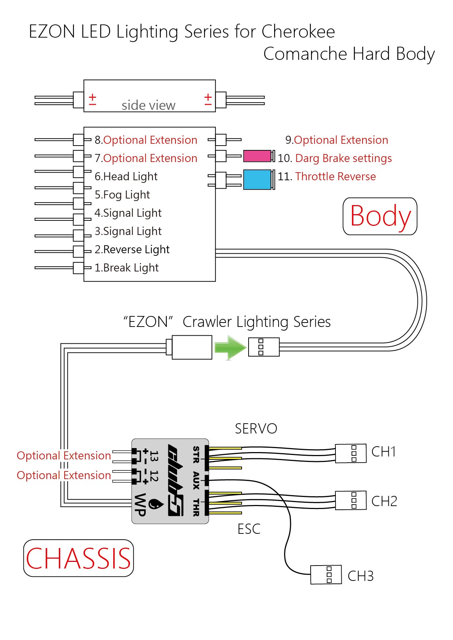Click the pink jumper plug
pyautogui.click(x=257, y=156)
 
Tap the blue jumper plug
pyautogui.click(x=257, y=180)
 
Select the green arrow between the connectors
pyautogui.click(x=230, y=348)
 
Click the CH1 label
pyautogui.click(x=384, y=452)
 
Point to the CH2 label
pyautogui.click(x=384, y=501)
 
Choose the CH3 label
pyautogui.click(x=361, y=576)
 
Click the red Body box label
pyautogui.click(x=380, y=216)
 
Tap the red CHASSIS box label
pyautogui.click(x=78, y=558)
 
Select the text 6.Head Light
pyautogui.click(x=126, y=177)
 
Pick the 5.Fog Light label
pyautogui.click(x=122, y=195)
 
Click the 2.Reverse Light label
pyautogui.click(x=132, y=250)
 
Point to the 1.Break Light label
pyautogui.click(x=127, y=268)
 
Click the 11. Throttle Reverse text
pyautogui.click(x=327, y=177)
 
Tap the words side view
pyautogui.click(x=149, y=105)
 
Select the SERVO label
pyautogui.click(x=256, y=429)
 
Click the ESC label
pyautogui.click(x=249, y=529)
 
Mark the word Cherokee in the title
pyautogui.click(x=298, y=31)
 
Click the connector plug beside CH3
pyautogui.click(x=326, y=575)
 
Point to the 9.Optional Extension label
pyautogui.click(x=337, y=140)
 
